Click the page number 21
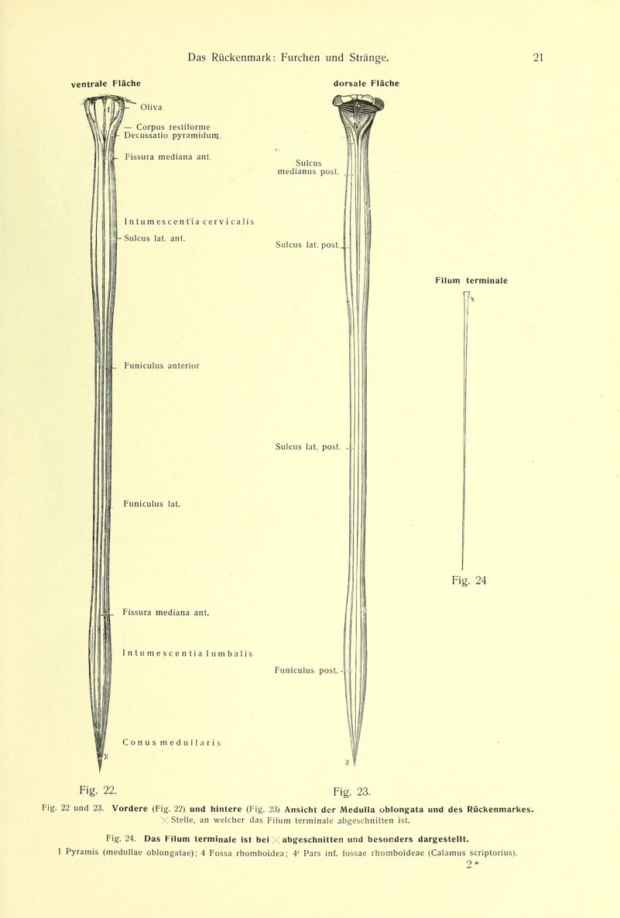click(538, 57)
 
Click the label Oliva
click(151, 107)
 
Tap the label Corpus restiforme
click(173, 126)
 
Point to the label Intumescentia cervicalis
click(189, 221)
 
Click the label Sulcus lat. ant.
click(155, 238)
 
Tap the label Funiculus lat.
click(152, 503)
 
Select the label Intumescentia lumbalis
click(187, 653)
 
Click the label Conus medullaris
click(172, 742)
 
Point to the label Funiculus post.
click(307, 670)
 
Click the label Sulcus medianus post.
click(309, 167)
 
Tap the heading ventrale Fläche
click(106, 84)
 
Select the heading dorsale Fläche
click(366, 83)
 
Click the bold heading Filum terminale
click(471, 280)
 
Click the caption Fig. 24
click(469, 581)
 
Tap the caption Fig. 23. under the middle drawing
click(352, 792)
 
